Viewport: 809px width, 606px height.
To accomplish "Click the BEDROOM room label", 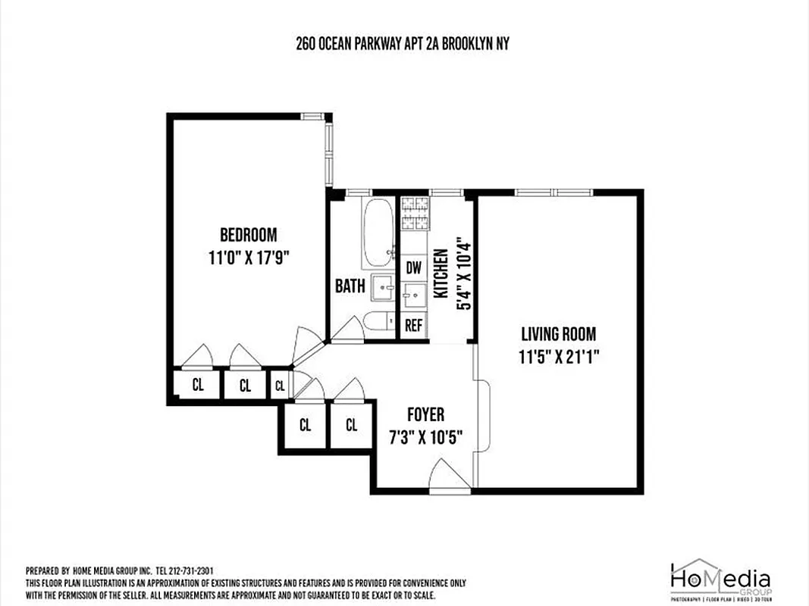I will [248, 235].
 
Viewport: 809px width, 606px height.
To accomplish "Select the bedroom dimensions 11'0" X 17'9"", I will [249, 258].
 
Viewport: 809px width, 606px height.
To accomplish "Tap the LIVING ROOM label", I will [558, 334].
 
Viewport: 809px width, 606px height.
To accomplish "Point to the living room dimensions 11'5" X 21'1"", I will [560, 357].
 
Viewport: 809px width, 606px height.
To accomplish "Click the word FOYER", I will [425, 415].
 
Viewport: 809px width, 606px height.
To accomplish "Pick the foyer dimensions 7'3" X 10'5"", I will [425, 438].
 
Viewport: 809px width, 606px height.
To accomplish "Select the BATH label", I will [350, 286].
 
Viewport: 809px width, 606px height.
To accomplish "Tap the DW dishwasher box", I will [413, 267].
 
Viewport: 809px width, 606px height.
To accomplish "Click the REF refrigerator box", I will [413, 326].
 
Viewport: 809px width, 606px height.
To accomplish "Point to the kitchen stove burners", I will [414, 213].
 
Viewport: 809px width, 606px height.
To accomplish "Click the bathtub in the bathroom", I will [377, 232].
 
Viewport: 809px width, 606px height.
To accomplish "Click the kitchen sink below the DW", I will [413, 295].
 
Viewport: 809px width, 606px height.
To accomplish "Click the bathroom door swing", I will [349, 330].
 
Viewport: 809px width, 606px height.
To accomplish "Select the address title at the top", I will [403, 44].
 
